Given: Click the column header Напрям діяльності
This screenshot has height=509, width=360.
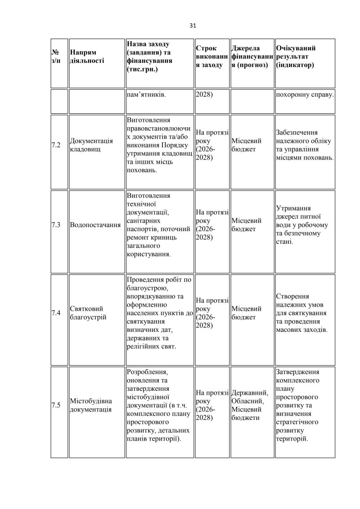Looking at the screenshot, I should click(87, 57).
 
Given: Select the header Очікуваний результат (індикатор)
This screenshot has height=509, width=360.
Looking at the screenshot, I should click(296, 57).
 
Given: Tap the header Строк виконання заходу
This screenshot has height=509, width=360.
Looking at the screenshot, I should click(211, 57).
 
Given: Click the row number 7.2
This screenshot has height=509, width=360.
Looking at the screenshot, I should click(56, 145).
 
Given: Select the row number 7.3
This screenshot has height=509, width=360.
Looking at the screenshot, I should click(56, 225).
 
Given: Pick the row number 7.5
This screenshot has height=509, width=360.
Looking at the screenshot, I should click(56, 405).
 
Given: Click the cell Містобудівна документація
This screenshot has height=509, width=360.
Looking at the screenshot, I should click(91, 405).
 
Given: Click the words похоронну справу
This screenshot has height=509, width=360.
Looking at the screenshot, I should click(305, 95).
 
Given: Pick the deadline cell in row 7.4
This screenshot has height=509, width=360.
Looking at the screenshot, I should click(211, 313).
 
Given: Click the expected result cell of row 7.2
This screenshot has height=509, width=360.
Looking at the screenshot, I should click(305, 145).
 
